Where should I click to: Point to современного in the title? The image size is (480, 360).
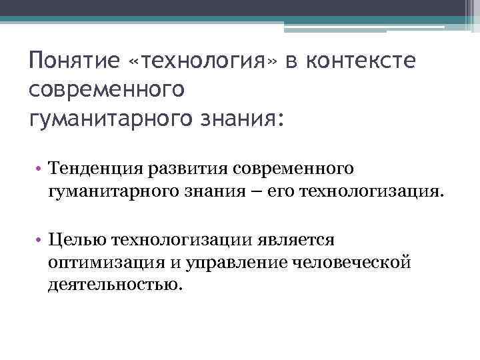point(107,89)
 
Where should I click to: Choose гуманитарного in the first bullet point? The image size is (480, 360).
point(111,193)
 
